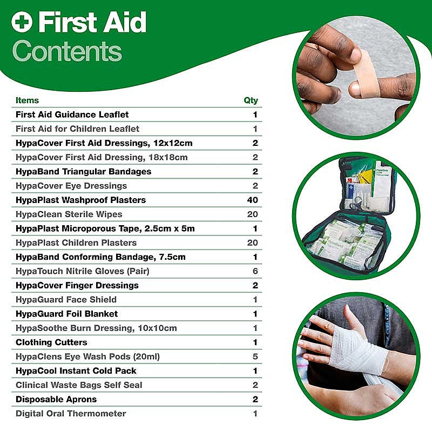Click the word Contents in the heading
pos(67,52)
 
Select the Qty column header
pos(251,100)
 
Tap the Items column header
pos(27,100)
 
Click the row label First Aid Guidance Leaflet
pos(72,114)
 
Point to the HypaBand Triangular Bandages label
pos(83,172)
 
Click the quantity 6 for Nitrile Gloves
pos(255,271)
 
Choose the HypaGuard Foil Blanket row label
pos(66,314)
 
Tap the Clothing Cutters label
pos(51,342)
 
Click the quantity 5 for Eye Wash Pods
pos(255,356)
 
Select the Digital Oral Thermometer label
pos(71,414)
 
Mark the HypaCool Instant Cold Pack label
pos(76,371)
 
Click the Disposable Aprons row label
pos(56,400)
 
